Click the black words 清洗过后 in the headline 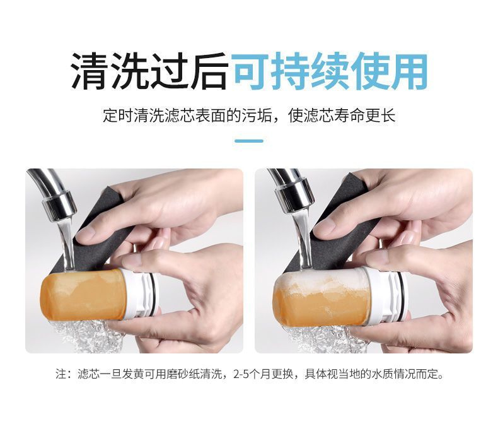pos(149,71)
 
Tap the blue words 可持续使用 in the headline pos(330,71)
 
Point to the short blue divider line pos(248,141)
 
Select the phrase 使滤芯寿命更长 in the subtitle pos(342,115)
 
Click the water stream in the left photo pos(67,245)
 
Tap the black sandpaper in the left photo pos(95,242)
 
